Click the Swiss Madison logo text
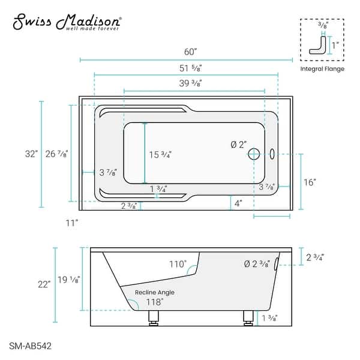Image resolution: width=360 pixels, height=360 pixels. (67, 22)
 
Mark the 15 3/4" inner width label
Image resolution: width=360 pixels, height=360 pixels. (160, 154)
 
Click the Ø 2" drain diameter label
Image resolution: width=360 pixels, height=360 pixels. (239, 145)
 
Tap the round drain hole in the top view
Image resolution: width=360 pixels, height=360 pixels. (254, 154)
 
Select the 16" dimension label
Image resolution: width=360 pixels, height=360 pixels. (310, 182)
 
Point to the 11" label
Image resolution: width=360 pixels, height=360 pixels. (72, 223)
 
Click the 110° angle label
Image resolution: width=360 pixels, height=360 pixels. (177, 263)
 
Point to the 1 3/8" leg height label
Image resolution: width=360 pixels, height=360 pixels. (269, 318)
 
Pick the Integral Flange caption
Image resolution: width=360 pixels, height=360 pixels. (322, 69)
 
